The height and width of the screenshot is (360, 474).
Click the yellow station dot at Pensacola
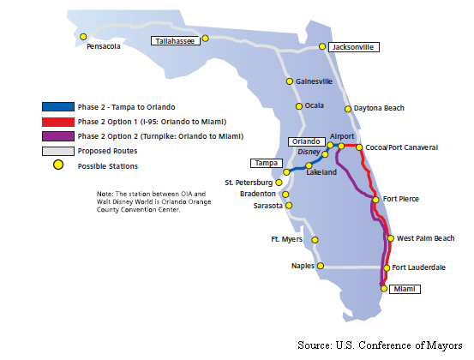pyautogui.click(x=83, y=37)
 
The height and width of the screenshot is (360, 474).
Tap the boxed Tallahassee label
pyautogui.click(x=176, y=41)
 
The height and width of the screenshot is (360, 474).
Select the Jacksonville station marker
pyautogui.click(x=322, y=46)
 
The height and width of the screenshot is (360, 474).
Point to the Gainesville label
pyautogui.click(x=314, y=81)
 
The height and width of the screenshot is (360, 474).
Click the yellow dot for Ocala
pyautogui.click(x=299, y=106)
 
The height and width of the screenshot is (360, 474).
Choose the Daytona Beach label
pyautogui.click(x=379, y=108)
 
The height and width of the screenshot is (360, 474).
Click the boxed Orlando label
pyautogui.click(x=307, y=141)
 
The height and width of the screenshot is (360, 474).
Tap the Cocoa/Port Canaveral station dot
pyautogui.click(x=359, y=147)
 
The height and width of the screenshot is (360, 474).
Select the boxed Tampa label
pyautogui.click(x=267, y=163)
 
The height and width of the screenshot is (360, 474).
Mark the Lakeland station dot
pyautogui.click(x=309, y=165)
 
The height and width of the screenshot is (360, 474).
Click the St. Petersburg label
pyautogui.click(x=249, y=183)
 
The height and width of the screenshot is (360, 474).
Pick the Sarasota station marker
pyautogui.click(x=289, y=206)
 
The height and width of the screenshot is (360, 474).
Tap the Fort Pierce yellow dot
pyautogui.click(x=375, y=200)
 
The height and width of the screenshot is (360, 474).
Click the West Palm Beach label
pyautogui.click(x=426, y=238)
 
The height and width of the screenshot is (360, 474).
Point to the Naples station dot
pyautogui.click(x=321, y=266)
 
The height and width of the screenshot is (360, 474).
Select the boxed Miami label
pyautogui.click(x=405, y=289)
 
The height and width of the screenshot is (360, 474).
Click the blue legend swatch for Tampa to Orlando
pyautogui.click(x=58, y=106)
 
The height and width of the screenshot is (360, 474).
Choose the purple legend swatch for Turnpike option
pyautogui.click(x=58, y=136)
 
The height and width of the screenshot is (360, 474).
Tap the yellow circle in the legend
pyautogui.click(x=58, y=165)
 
